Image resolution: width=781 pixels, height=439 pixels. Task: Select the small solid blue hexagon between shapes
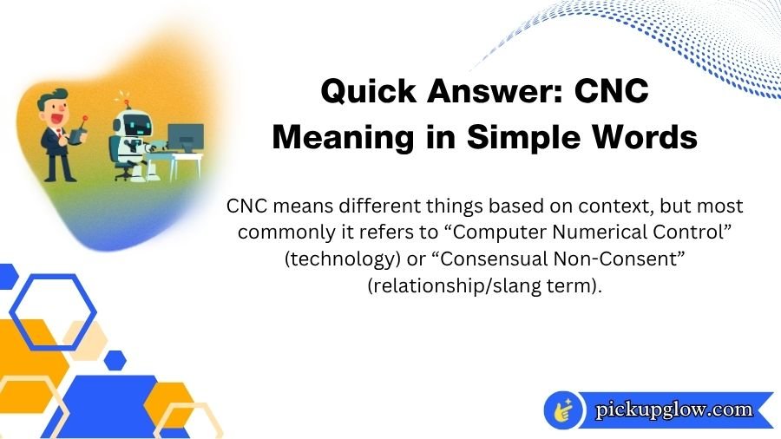pos(115,359)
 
